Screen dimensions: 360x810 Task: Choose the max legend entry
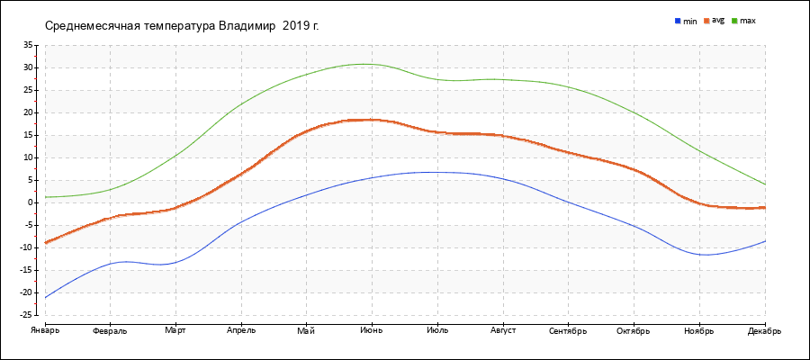[x=747, y=20]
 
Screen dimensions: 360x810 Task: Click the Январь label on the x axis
[x=44, y=330]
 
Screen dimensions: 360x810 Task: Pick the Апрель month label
[x=241, y=330]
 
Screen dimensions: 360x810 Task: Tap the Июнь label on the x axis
[x=372, y=330]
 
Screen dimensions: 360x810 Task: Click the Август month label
[x=503, y=330]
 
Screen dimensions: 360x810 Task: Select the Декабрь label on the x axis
[x=764, y=330]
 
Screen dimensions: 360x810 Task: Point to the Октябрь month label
[x=634, y=330]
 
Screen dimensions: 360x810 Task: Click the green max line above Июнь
[x=372, y=64]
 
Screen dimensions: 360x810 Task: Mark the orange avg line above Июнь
[x=372, y=120]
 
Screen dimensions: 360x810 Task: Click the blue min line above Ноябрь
[x=699, y=255]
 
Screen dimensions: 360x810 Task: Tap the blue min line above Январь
[x=46, y=296]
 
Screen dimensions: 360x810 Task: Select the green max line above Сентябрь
[x=569, y=86]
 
